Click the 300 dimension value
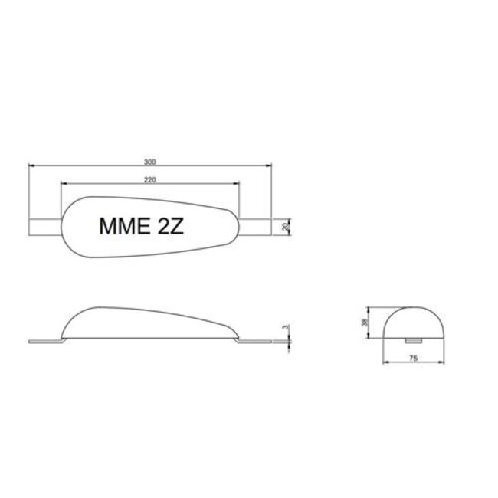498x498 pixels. click(149, 162)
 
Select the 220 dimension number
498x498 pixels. click(149, 179)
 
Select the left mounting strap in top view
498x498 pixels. click(44, 227)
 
